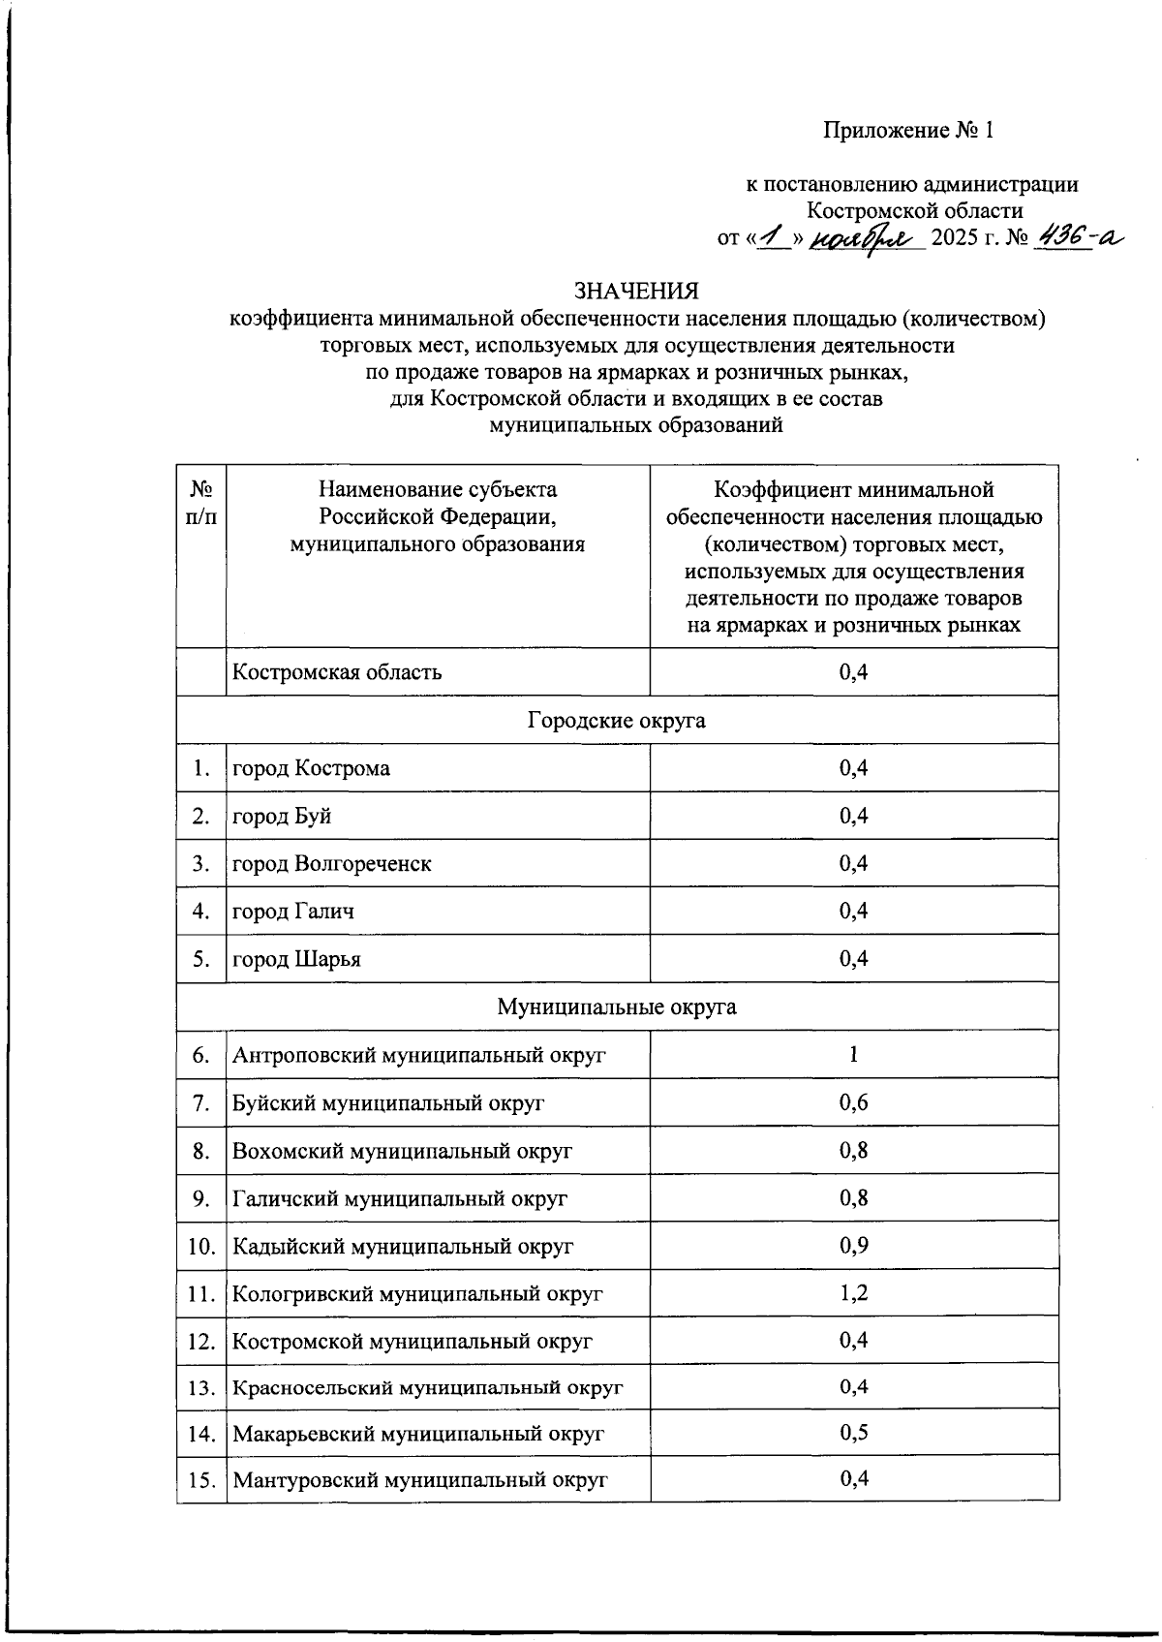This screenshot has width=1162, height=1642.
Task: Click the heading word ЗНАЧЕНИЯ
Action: point(636,291)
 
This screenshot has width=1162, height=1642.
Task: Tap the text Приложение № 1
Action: point(908,130)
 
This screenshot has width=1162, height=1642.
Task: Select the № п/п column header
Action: point(201,504)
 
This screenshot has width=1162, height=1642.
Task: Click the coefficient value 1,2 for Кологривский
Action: point(853,1293)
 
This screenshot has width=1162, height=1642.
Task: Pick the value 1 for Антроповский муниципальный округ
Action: point(853,1054)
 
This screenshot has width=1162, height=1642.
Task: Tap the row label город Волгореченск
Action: point(332,863)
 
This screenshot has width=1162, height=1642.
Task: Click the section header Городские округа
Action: point(617,721)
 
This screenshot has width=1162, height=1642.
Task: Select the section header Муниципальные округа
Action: point(617,1007)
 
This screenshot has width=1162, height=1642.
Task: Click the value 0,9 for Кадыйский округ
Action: point(853,1246)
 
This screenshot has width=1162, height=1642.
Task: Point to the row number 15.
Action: point(201,1480)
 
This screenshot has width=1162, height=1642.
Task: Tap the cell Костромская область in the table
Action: point(337,671)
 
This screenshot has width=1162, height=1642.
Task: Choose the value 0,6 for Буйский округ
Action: point(853,1102)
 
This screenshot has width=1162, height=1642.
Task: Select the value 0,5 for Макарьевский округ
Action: point(853,1432)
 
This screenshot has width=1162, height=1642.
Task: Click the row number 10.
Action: point(201,1247)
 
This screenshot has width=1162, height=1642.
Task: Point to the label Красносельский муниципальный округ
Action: point(427,1388)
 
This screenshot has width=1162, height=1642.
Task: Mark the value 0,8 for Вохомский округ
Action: point(853,1150)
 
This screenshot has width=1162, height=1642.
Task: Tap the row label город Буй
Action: point(282,816)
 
